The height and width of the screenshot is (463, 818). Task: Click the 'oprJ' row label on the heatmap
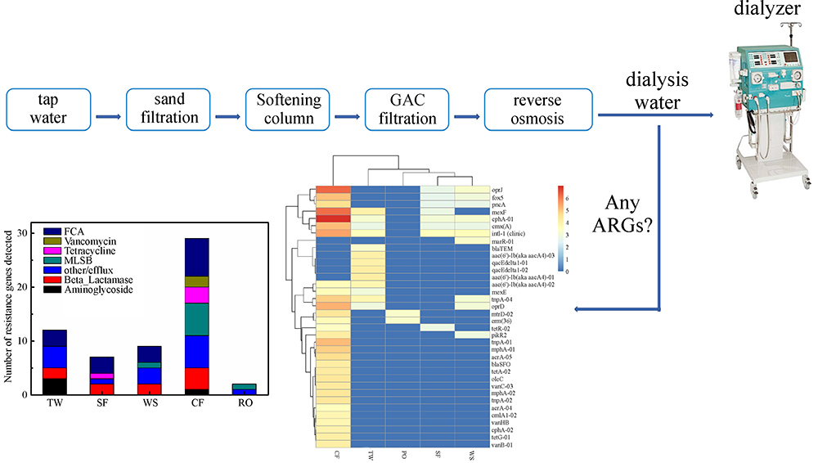(498, 189)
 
